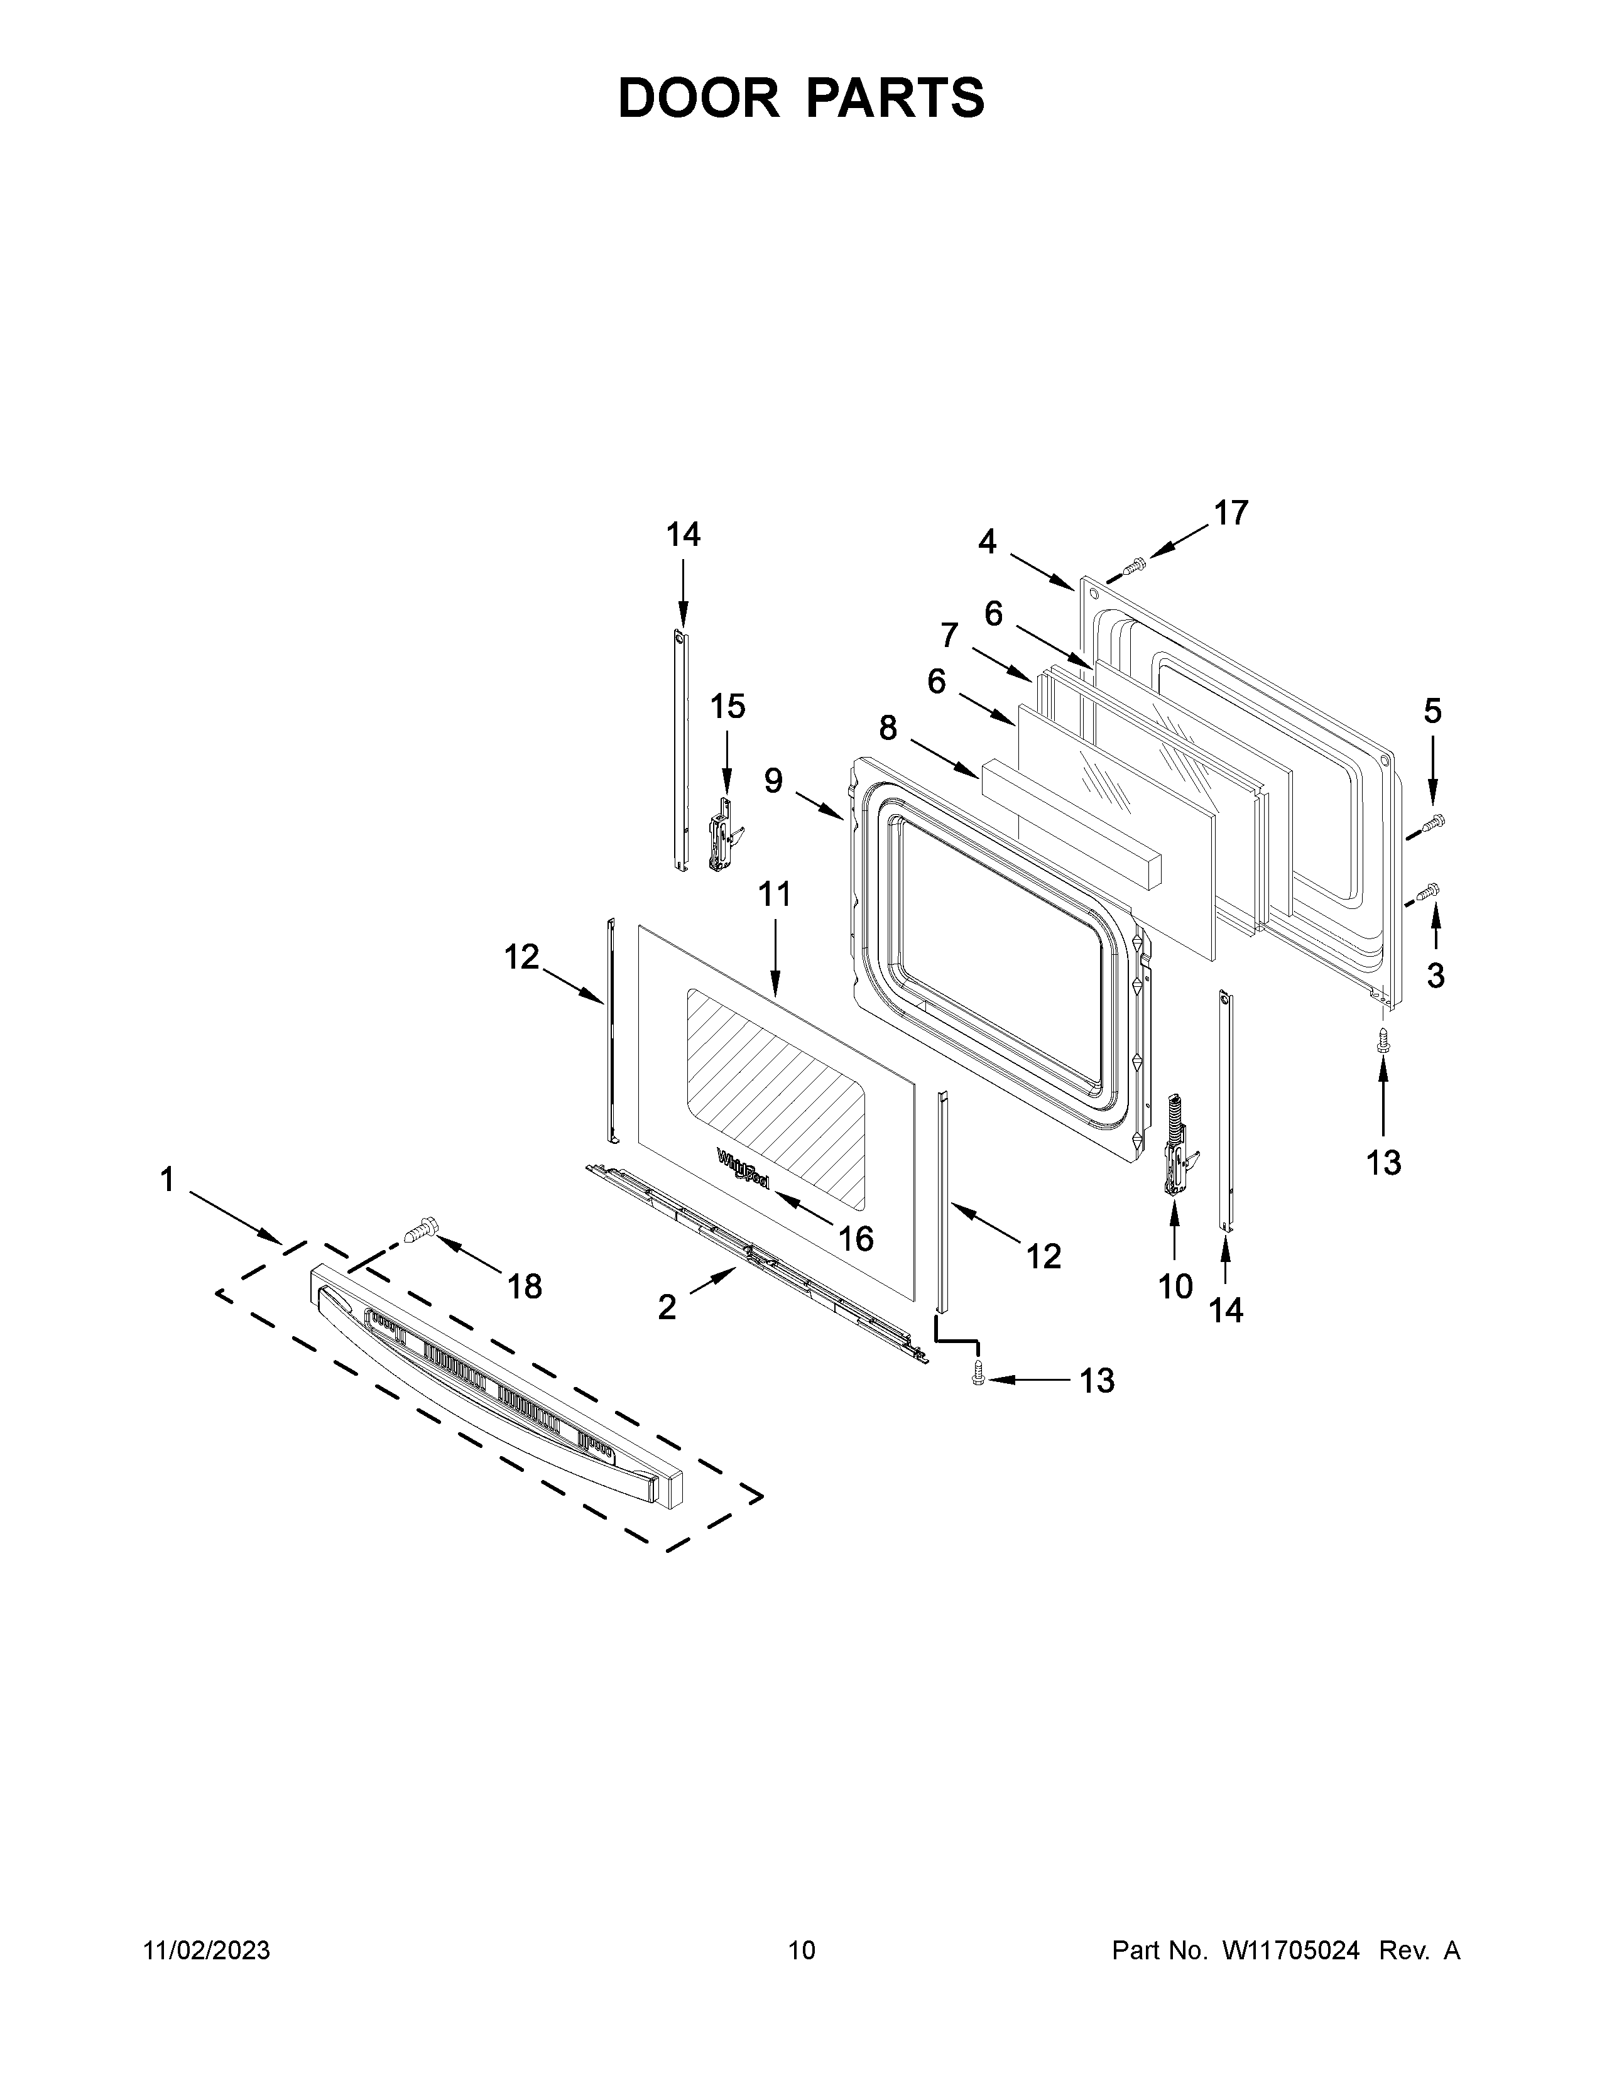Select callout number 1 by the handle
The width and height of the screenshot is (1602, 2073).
(x=167, y=1180)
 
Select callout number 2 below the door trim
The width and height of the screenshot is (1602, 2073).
(x=667, y=1308)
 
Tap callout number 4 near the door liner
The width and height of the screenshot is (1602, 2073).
(x=988, y=542)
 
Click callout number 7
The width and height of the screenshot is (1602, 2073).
(x=949, y=633)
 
